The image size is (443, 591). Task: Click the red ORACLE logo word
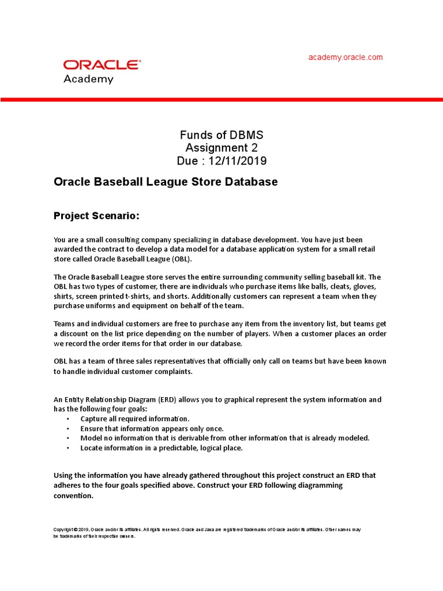[101, 65]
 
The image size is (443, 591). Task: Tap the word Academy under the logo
[88, 79]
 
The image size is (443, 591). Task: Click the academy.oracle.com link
[346, 57]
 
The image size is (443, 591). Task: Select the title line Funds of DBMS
[221, 135]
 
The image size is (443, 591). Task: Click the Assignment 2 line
[221, 148]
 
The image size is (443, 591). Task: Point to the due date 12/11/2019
[235, 160]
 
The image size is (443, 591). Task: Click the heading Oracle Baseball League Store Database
[166, 182]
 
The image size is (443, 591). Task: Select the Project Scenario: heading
[96, 216]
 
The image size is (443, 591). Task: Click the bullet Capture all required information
[135, 418]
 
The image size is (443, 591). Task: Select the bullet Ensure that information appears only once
[152, 428]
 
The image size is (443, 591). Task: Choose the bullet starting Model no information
[225, 438]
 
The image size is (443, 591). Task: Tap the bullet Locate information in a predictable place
[162, 448]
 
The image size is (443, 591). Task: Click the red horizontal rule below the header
[221, 100]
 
